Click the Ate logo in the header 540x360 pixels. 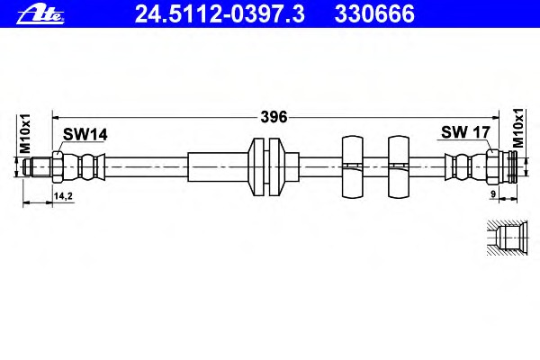(x=40, y=15)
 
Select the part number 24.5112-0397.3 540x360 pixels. (x=220, y=13)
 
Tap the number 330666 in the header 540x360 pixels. (x=374, y=13)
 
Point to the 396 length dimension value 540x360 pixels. (x=274, y=117)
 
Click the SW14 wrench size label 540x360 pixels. (x=85, y=134)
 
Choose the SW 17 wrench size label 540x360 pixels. (x=465, y=132)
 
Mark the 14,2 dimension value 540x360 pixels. (x=63, y=196)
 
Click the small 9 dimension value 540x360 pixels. (x=493, y=194)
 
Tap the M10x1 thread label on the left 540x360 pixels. (x=25, y=134)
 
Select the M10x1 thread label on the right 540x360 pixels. (x=517, y=128)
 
